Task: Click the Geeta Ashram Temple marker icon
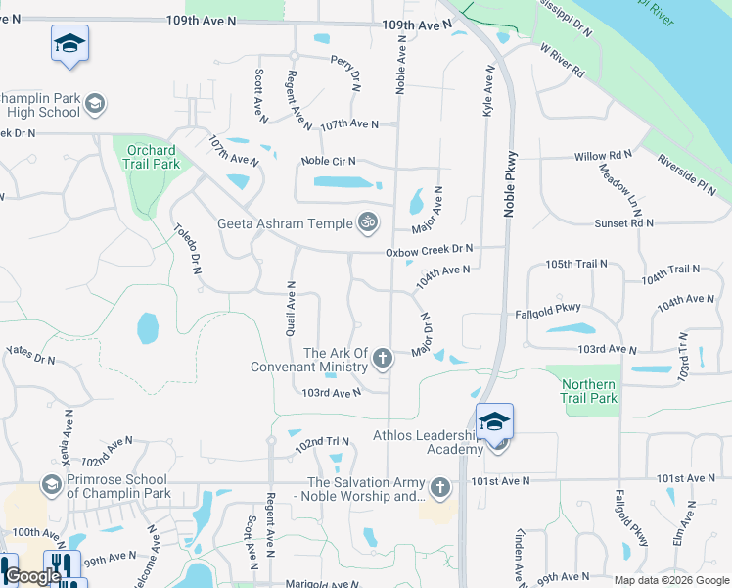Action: (368, 222)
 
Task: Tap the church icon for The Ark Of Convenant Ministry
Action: (383, 360)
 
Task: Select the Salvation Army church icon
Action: (440, 487)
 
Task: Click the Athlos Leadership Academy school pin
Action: (494, 420)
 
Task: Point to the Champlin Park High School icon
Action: (95, 104)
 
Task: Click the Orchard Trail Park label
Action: (153, 157)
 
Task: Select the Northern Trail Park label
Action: (589, 391)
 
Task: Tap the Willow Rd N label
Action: (603, 156)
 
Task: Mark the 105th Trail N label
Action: (576, 265)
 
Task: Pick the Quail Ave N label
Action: (291, 309)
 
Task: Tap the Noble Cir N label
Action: (328, 161)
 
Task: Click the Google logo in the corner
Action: (32, 576)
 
